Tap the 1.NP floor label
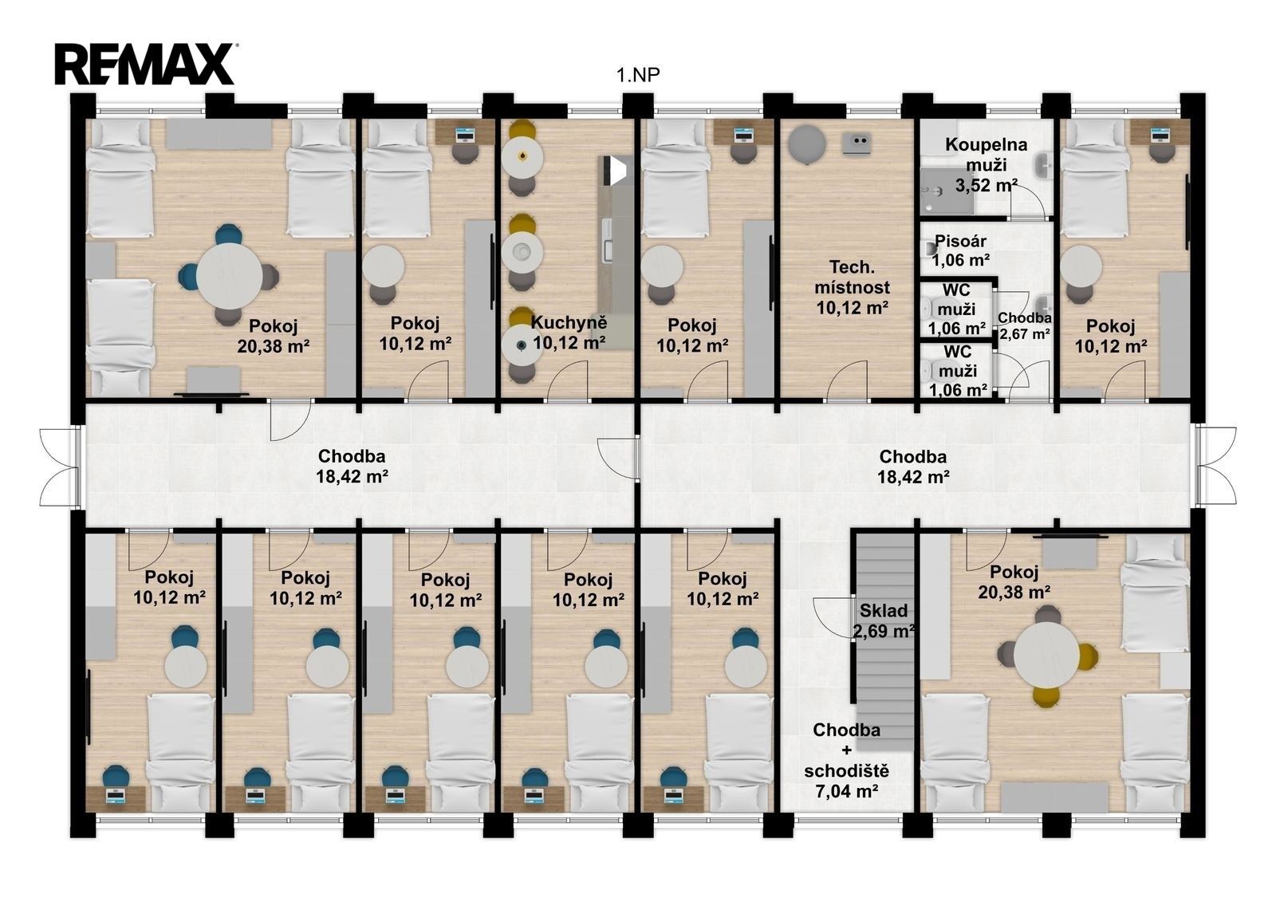pos(638,75)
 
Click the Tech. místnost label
pos(853,287)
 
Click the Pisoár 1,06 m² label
pos(960,250)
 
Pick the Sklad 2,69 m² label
pos(884,620)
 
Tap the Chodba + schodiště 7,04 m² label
pos(846,761)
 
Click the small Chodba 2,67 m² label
pos(1025,325)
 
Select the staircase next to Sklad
pos(886,642)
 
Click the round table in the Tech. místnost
pos(806,144)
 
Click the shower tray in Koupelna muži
pos(946,191)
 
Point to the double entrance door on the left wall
pos(60,467)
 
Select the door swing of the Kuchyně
pos(567,381)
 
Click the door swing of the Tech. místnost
pos(848,381)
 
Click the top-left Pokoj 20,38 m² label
pos(274,337)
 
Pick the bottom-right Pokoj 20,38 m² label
pos(1014,581)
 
